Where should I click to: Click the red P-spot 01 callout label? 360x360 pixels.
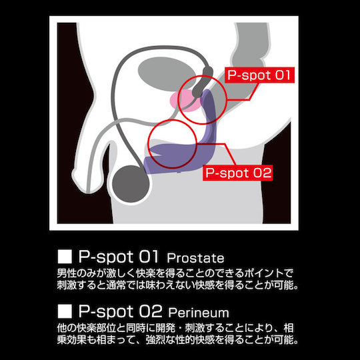[259, 75]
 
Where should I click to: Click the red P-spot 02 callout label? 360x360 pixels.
[238, 173]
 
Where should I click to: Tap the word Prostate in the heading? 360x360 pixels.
[195, 258]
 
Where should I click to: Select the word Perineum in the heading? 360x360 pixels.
[199, 313]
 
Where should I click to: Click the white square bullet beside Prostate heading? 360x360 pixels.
[65, 257]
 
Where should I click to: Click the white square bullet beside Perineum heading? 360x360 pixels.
[65, 311]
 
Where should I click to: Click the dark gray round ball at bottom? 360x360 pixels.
[131, 184]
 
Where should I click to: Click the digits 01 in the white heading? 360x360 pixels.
[148, 257]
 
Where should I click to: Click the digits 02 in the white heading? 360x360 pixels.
[151, 311]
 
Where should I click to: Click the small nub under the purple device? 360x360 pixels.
[179, 171]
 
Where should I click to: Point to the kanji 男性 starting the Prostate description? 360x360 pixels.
[67, 273]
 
